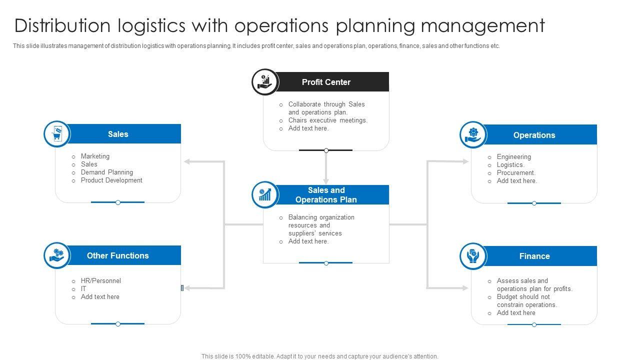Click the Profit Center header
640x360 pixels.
326,82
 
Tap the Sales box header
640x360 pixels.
118,134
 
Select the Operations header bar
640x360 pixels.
534,135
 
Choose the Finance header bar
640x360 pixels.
534,256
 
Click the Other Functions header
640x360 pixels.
118,255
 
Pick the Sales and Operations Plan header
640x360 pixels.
326,195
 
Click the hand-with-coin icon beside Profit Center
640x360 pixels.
264,82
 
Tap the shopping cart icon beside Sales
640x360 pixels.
56,134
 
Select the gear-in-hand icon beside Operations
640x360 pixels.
472,135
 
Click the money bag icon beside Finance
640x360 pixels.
472,256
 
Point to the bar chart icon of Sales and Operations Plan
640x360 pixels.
264,194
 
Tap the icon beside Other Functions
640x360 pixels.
56,255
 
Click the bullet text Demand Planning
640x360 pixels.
106,172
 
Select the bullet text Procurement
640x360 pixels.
516,173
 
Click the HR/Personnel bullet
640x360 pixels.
100,281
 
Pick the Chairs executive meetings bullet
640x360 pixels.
327,120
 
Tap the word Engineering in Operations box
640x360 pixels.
513,157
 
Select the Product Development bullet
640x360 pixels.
111,180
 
